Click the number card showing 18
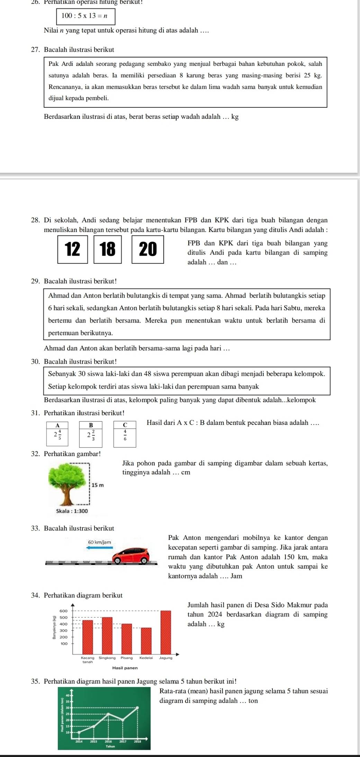click(108, 249)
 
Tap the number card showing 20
click(148, 249)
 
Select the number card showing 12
click(73, 249)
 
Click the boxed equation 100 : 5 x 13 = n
click(84, 16)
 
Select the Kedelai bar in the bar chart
click(146, 641)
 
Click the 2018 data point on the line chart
click(138, 707)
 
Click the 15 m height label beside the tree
click(98, 485)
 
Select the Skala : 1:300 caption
click(72, 511)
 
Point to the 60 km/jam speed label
click(100, 541)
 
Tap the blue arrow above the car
click(100, 547)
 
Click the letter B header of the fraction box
click(91, 425)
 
